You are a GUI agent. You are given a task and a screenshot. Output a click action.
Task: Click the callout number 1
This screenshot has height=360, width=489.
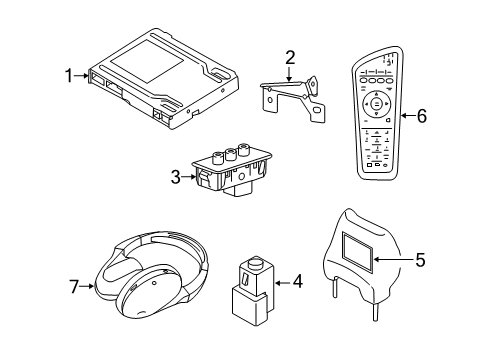click(69, 75)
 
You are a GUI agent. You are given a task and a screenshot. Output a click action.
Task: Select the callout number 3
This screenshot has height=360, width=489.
click(175, 177)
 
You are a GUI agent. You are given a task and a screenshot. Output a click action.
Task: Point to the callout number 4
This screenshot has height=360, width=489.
click(297, 282)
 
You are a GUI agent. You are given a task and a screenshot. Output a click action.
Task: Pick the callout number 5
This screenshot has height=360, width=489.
click(420, 260)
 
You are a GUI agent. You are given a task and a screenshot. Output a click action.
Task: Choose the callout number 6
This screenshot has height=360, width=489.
click(421, 117)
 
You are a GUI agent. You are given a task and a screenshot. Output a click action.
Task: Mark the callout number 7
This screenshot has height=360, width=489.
click(75, 288)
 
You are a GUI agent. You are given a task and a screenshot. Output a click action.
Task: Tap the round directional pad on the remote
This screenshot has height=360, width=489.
click(375, 103)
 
